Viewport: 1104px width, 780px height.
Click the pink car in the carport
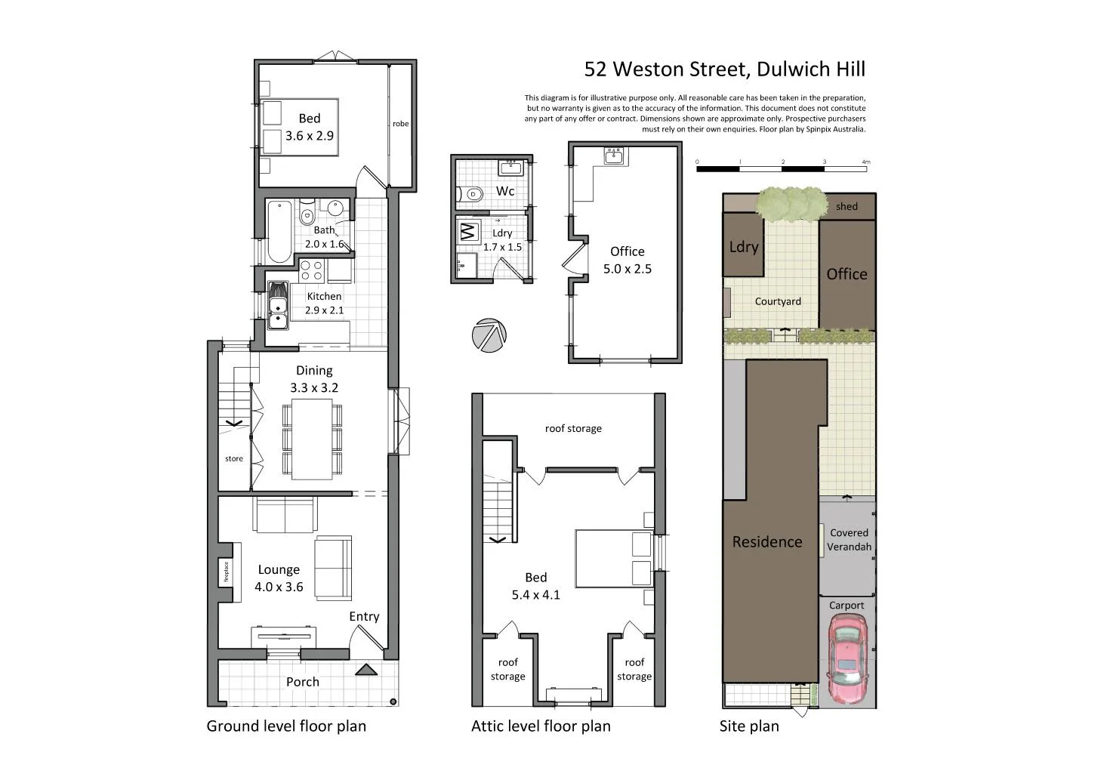coord(847,658)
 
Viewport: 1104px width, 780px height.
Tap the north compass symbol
coord(489,335)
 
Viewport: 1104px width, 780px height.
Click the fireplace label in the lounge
coord(225,572)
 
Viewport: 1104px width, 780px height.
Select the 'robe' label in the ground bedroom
coord(400,124)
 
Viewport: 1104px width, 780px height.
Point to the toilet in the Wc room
coord(473,194)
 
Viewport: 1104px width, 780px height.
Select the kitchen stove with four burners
coord(312,269)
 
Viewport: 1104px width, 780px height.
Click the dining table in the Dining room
coord(312,439)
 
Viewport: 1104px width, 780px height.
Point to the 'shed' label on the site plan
coord(847,206)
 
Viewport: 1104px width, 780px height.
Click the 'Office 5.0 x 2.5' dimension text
coord(627,260)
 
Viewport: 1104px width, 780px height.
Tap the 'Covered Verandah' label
coord(849,539)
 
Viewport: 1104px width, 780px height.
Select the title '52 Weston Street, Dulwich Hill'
coord(724,69)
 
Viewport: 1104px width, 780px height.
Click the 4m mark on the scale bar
coord(865,162)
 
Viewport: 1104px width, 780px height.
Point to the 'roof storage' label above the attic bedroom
coord(573,428)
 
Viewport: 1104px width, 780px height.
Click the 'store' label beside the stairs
coord(234,458)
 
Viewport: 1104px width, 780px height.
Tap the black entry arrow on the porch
coord(365,669)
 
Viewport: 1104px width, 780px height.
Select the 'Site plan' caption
coord(748,726)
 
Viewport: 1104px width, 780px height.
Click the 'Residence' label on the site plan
coord(766,541)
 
